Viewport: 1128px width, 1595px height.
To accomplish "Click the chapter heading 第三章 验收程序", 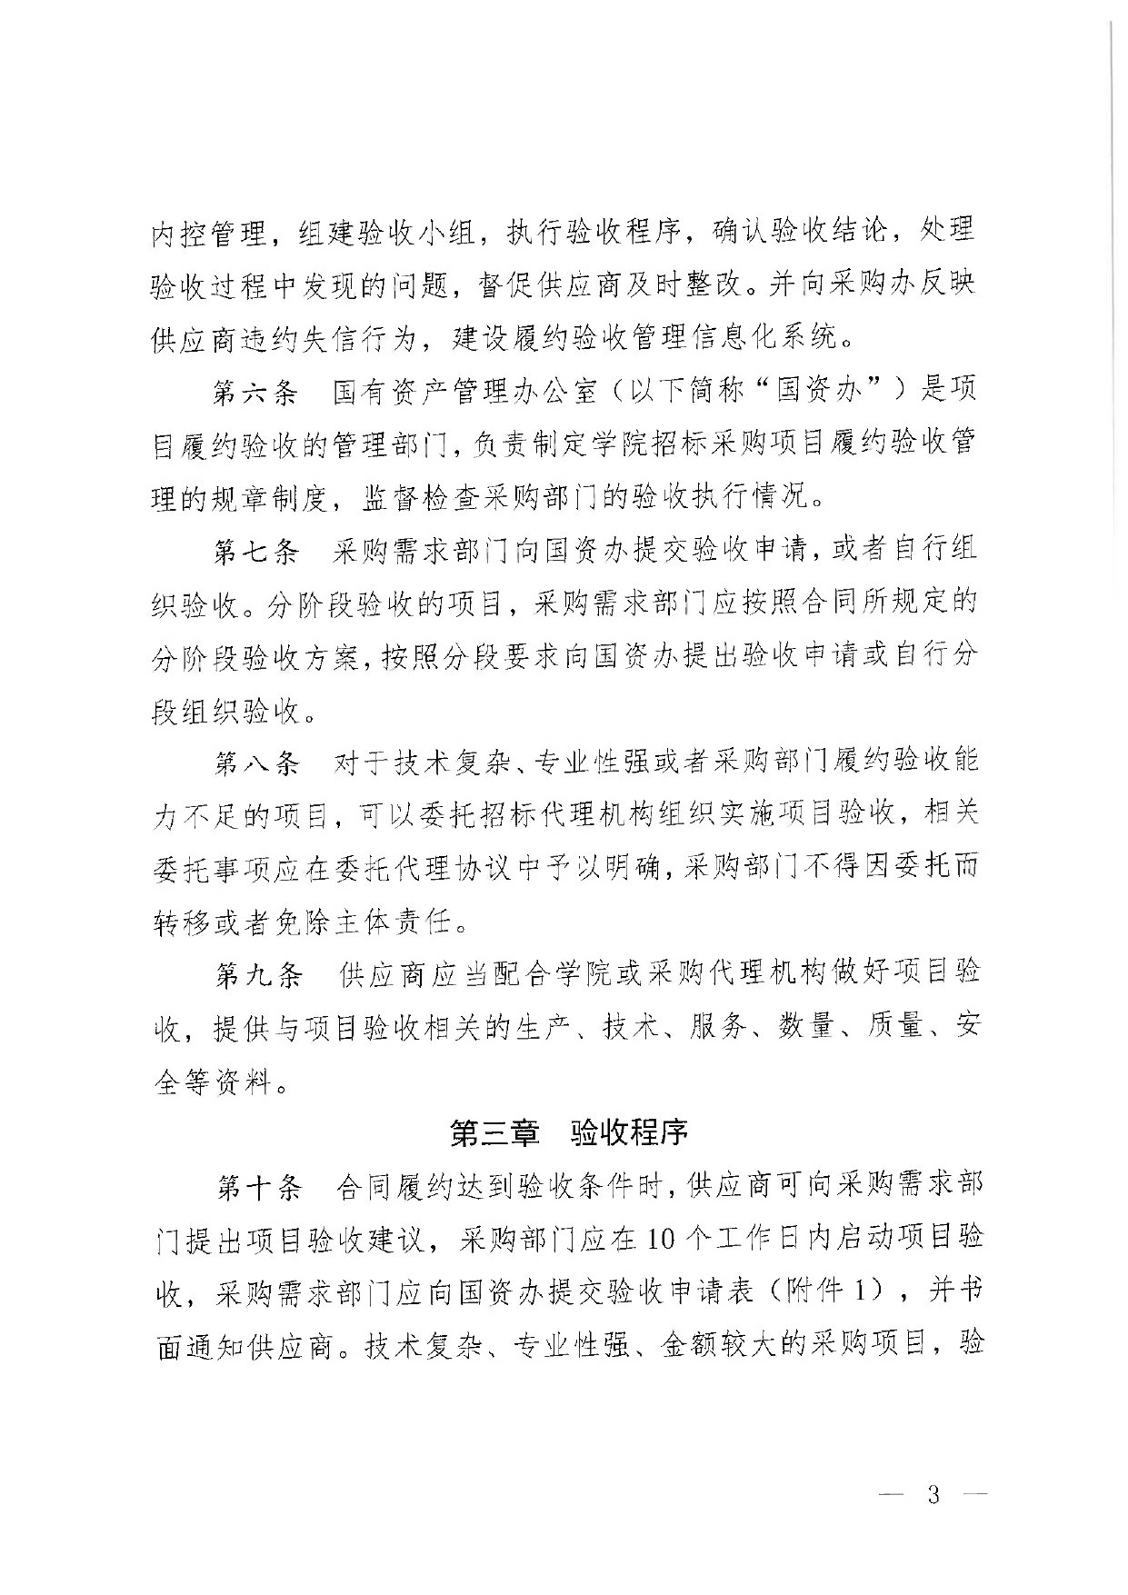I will [569, 1132].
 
